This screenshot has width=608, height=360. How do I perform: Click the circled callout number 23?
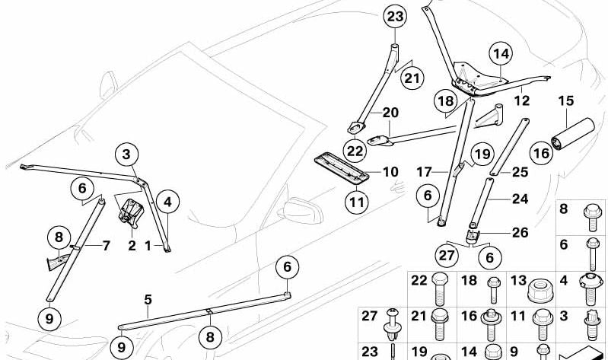point(395,16)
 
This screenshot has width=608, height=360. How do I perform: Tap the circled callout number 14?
point(501,54)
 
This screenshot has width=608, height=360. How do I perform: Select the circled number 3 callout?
point(127,156)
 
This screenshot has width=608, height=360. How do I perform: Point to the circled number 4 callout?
point(167,202)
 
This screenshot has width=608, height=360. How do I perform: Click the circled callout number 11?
point(357,202)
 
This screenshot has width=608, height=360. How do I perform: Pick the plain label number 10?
point(390,173)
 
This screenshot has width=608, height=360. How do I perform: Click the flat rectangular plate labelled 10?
point(343,165)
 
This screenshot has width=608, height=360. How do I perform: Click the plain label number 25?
point(520,173)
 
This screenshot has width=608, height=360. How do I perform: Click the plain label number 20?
point(390,113)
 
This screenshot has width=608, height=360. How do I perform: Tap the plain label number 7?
point(107,245)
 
